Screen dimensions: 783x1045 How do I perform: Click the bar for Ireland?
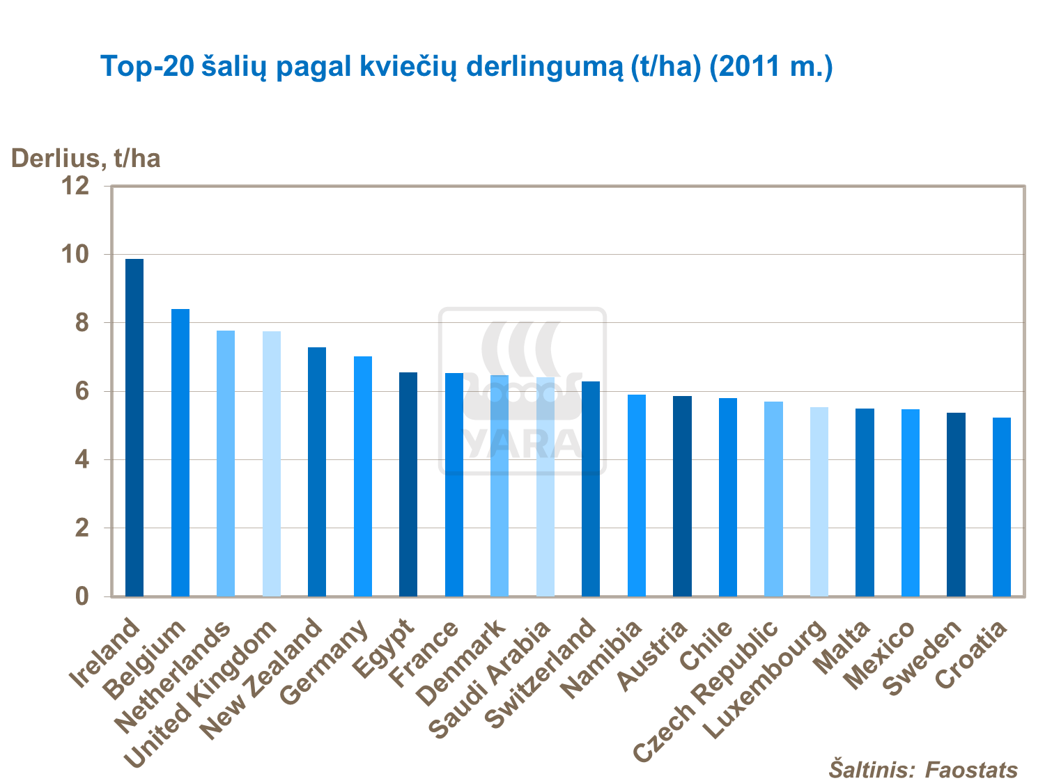click(134, 427)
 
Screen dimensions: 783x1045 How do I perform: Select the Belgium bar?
click(180, 452)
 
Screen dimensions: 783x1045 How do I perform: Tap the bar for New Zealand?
click(317, 472)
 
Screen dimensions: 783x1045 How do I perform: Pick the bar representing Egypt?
click(408, 484)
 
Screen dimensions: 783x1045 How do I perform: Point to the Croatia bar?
click(1002, 507)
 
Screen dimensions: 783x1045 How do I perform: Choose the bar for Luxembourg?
click(819, 502)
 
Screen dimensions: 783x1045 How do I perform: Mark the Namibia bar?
click(637, 496)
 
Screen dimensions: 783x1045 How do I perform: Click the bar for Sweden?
click(956, 505)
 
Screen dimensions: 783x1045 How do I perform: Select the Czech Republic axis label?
click(705, 689)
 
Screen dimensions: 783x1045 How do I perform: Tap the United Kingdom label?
click(202, 696)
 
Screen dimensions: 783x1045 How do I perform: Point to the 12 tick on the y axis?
click(76, 186)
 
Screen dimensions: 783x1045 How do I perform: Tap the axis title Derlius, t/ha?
click(86, 159)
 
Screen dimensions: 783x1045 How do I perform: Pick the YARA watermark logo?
click(522, 391)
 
